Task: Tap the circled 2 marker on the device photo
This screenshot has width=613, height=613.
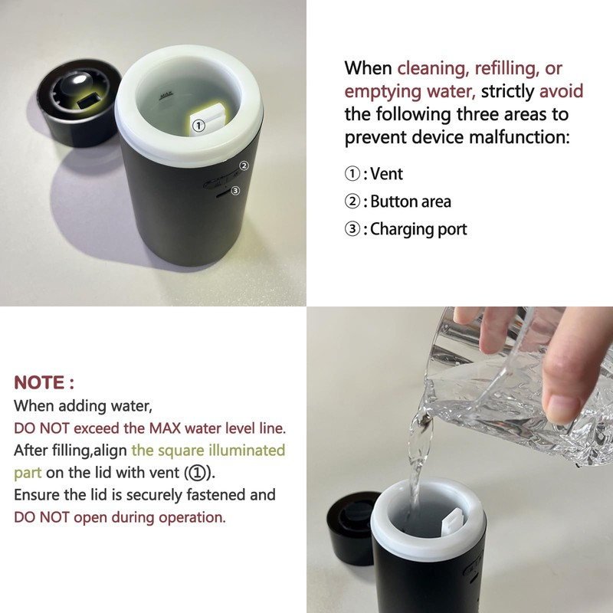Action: click(x=244, y=166)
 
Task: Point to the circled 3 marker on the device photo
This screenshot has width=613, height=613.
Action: click(x=235, y=191)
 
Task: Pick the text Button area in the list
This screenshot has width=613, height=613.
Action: click(x=411, y=202)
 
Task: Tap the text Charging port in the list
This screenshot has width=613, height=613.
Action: click(x=418, y=229)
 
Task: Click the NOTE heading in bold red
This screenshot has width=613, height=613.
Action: click(x=44, y=382)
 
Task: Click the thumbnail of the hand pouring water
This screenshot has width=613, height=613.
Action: click(x=460, y=460)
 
